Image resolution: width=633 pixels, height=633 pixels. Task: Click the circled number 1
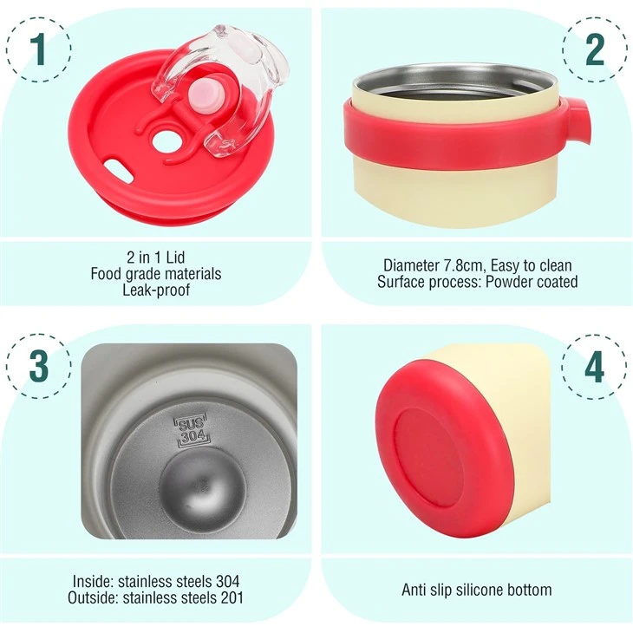point(39,49)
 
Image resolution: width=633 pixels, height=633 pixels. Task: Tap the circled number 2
point(594,49)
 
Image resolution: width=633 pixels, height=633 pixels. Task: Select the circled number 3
point(39,366)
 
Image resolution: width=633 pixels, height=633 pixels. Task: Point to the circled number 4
point(594,367)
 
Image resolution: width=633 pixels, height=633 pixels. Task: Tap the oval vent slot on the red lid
point(118,170)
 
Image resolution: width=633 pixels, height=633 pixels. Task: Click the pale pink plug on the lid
point(206,95)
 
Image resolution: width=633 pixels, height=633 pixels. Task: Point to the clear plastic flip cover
point(220,88)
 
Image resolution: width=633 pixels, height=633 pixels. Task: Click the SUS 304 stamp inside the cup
point(192,431)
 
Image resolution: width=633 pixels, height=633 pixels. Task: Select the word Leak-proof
point(156,290)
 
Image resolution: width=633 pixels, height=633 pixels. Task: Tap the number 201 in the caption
point(232,597)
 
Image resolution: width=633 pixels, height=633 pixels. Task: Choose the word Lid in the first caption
point(175,258)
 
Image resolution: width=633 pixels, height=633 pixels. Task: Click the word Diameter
point(411,265)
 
